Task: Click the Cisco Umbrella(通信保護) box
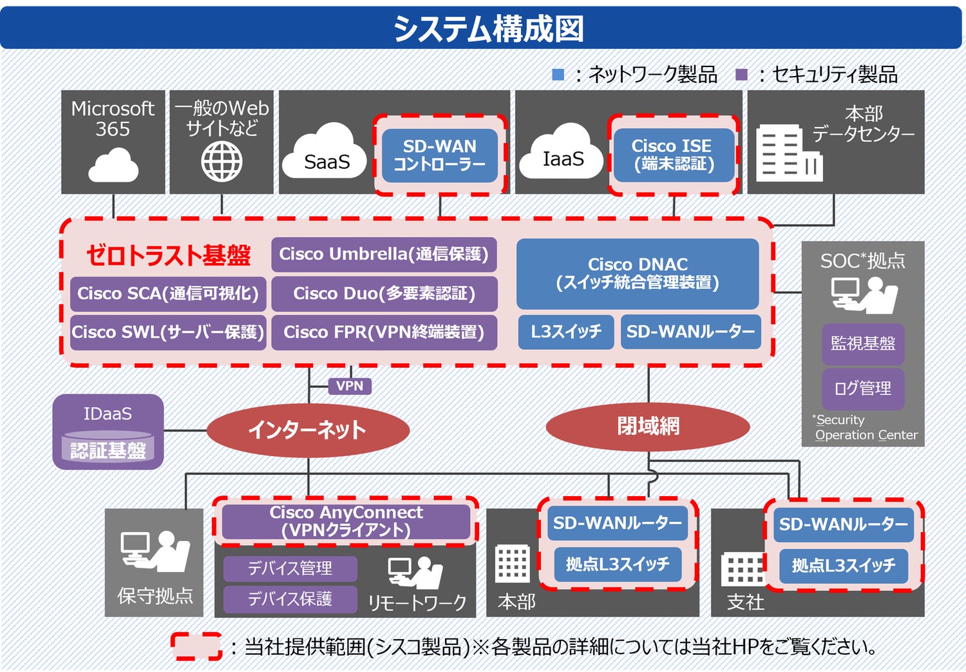384,254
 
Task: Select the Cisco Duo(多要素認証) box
384,294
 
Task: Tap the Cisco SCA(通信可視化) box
167,294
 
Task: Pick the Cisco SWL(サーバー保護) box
167,332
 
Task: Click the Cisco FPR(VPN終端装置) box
384,332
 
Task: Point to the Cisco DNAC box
638,273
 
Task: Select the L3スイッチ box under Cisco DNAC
566,332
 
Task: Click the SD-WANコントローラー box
440,155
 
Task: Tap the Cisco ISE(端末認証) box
674,155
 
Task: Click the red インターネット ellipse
308,430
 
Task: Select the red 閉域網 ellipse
648,426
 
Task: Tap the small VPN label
350,386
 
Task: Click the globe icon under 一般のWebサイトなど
222,162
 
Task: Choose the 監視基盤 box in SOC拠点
863,343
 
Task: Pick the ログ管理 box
863,389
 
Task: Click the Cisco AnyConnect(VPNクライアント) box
346,521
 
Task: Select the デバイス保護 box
290,599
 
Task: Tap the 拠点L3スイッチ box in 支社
844,566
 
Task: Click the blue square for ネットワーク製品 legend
558,75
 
